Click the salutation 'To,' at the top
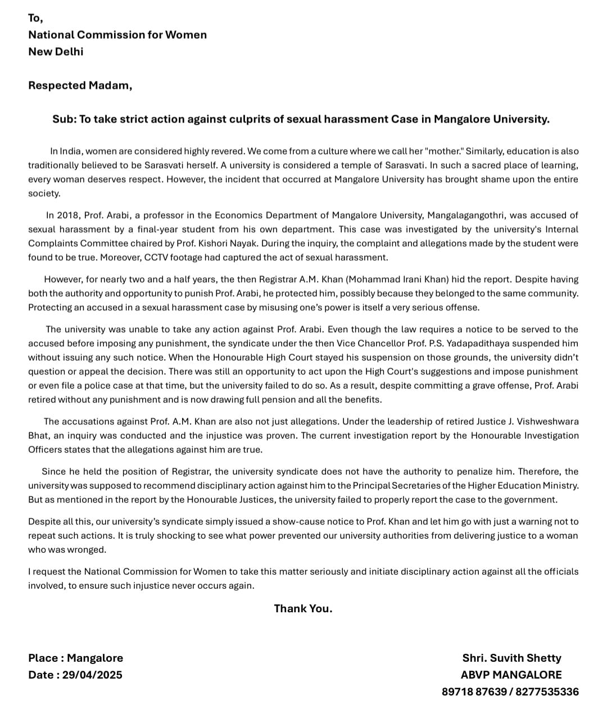(35, 18)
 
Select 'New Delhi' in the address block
(56, 52)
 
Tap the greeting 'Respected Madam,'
(80, 85)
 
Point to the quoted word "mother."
(444, 151)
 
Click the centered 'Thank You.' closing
(303, 608)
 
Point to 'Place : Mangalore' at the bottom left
(75, 658)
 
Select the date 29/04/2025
(92, 675)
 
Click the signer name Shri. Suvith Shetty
(511, 658)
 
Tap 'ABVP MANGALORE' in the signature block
(511, 675)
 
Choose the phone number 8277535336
(546, 692)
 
